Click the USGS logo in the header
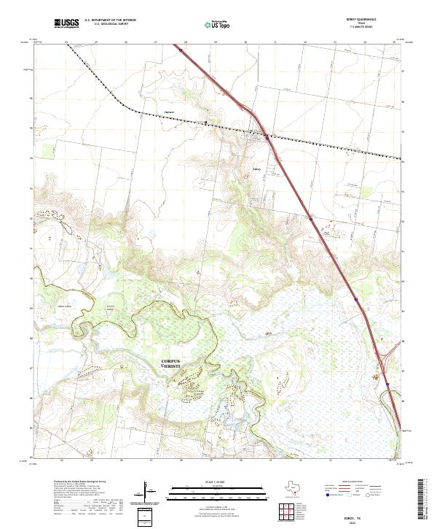coord(66,23)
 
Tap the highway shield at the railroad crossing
coord(267,136)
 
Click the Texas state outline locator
coord(296,491)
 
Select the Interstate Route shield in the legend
coord(328,495)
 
